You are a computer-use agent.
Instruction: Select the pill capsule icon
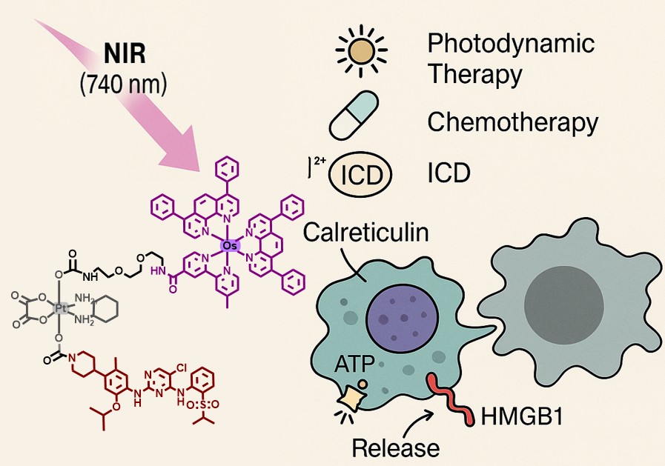coord(362,119)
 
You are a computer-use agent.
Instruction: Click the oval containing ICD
coord(361,176)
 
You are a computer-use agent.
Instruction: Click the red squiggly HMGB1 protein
coord(449,401)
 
